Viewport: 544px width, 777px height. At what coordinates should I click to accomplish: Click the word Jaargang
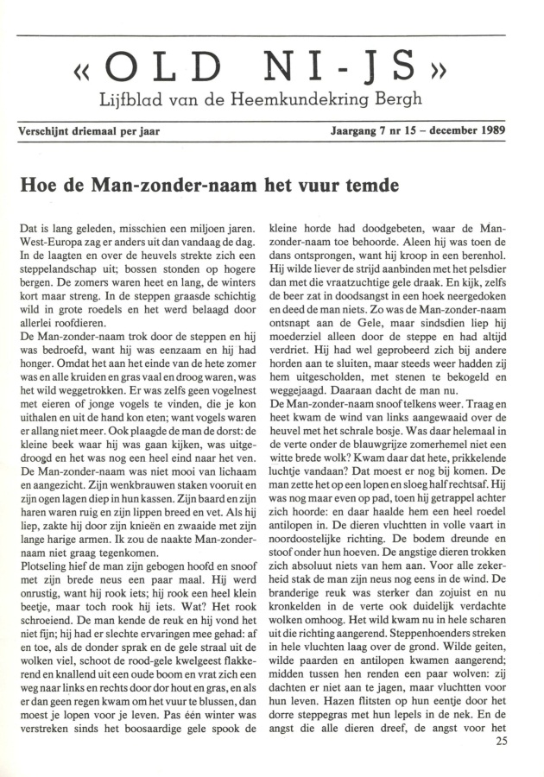[356, 133]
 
